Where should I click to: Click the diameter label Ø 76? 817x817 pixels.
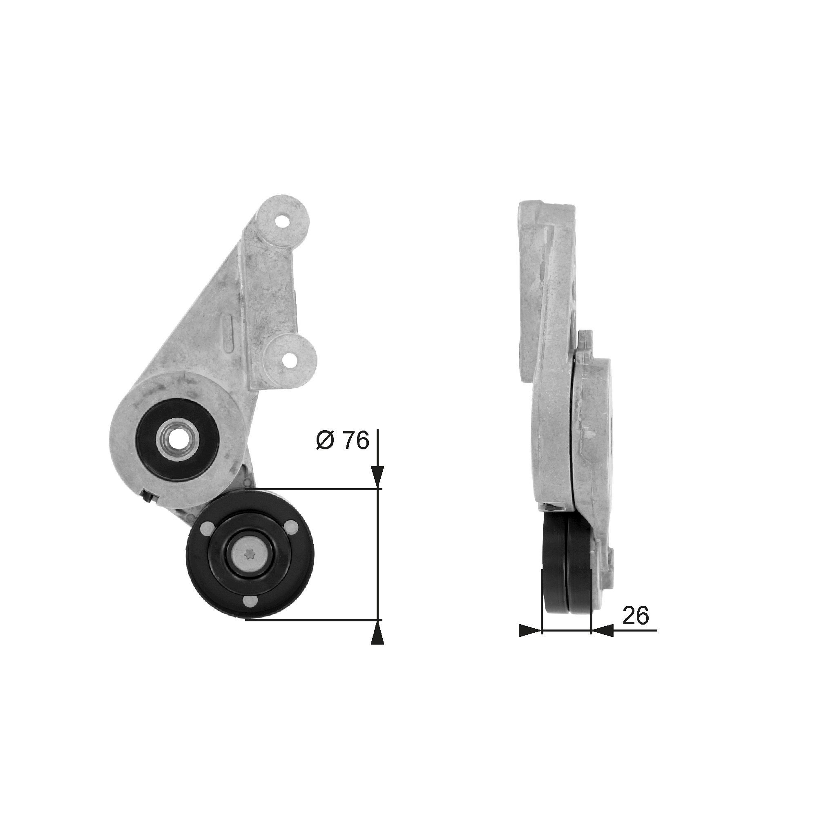point(343,441)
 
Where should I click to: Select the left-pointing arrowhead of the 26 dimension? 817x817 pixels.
point(602,643)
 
